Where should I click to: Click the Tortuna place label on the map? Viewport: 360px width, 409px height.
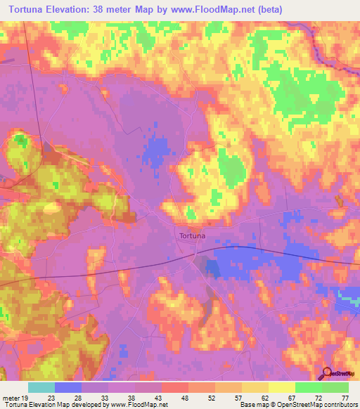[x=192, y=236]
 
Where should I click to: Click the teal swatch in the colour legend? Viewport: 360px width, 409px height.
[x=41, y=387]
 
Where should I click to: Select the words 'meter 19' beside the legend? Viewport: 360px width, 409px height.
[x=15, y=397]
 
